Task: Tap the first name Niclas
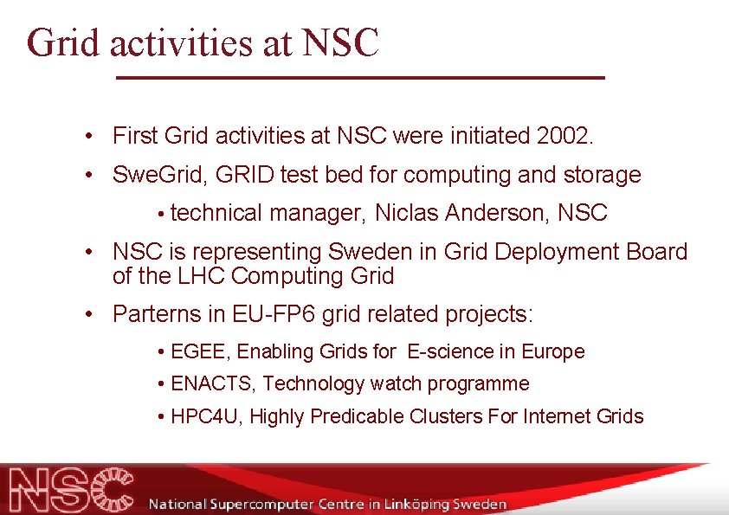[x=406, y=212]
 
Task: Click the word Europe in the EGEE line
[x=553, y=351]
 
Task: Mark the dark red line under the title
[x=360, y=78]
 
